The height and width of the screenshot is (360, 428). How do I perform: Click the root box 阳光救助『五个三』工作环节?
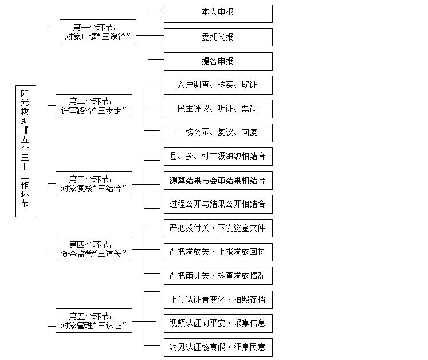coord(26,151)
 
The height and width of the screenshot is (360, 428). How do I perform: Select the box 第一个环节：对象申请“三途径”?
coord(98,32)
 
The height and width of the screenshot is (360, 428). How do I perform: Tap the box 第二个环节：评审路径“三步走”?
coord(93,106)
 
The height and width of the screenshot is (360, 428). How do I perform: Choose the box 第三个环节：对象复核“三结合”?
coord(93,183)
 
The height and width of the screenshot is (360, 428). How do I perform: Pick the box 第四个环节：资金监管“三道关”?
coord(93,249)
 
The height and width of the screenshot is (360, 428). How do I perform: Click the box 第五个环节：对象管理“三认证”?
coord(93,320)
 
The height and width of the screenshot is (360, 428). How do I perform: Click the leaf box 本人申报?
coord(218,13)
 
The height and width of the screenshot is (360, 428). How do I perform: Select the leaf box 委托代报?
coord(218,37)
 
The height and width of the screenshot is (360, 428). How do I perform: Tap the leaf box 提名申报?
coord(218,61)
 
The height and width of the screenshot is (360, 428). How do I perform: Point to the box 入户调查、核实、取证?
coord(218,85)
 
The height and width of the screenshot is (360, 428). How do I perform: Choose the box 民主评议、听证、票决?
coord(218,109)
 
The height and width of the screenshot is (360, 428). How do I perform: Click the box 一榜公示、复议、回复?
coord(218,132)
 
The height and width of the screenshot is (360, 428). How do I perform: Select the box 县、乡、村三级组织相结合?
coord(218,156)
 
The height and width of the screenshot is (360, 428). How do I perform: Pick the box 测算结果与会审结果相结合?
coord(218,181)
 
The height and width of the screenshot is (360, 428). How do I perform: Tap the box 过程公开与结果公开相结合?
coord(218,204)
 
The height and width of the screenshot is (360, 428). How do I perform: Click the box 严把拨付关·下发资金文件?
coord(218,228)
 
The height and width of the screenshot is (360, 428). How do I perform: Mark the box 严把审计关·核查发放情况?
coord(218,276)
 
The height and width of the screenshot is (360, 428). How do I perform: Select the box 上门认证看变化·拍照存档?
coord(218,300)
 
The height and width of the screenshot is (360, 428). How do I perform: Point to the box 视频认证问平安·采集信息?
coord(218,323)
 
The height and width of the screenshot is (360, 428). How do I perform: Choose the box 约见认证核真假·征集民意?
coord(218,347)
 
